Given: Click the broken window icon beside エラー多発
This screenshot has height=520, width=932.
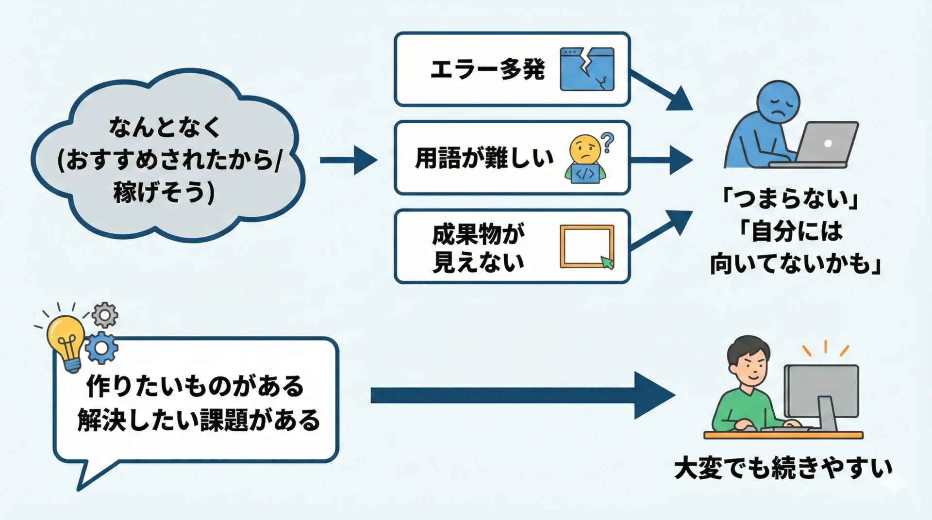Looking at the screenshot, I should (587, 69).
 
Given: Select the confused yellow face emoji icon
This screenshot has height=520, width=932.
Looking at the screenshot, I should (585, 149).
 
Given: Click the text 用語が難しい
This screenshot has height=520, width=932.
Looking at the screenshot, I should (484, 158).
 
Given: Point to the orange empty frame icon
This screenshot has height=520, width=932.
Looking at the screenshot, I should (586, 245).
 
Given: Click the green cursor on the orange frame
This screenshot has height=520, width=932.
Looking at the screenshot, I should (607, 263).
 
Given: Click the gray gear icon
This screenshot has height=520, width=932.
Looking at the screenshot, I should (104, 315).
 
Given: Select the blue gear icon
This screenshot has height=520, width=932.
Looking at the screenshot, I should (101, 348).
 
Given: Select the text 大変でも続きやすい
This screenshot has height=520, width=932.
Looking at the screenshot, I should (783, 468).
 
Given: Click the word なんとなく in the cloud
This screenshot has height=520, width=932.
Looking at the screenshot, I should (165, 127).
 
